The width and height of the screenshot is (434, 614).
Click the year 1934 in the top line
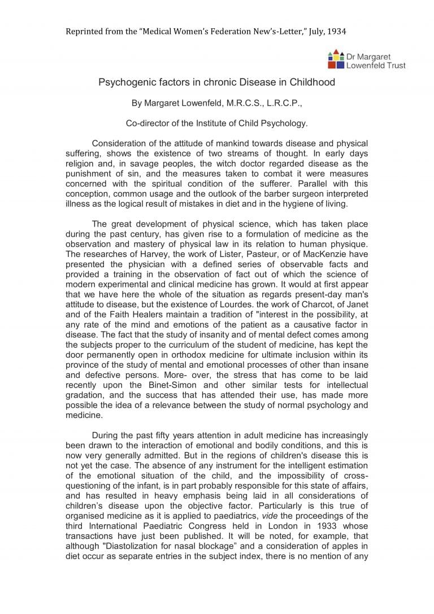point(336,31)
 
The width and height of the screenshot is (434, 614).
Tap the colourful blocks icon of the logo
point(336,57)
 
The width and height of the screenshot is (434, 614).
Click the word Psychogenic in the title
point(124,82)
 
